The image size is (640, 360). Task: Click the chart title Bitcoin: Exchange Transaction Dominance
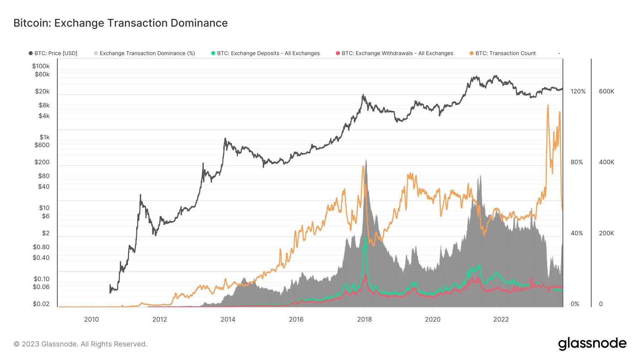[121, 23]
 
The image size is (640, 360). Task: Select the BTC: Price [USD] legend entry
[53, 53]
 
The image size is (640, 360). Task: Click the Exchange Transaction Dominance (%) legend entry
[145, 53]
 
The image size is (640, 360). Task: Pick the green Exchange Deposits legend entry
[266, 53]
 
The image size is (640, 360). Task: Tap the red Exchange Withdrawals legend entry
[395, 53]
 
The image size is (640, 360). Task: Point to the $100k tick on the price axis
[41, 66]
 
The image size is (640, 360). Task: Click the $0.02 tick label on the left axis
[41, 304]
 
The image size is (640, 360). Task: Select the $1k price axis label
[44, 137]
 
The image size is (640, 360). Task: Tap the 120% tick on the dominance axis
[578, 92]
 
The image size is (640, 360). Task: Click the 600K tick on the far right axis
[606, 92]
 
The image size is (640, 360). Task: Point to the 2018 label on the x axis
[364, 319]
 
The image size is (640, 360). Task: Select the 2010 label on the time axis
[91, 319]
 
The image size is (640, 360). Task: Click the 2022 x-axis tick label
[501, 319]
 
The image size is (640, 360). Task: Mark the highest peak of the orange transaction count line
[548, 105]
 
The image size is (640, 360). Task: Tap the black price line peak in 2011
[140, 195]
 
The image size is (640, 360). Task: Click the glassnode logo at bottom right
[592, 344]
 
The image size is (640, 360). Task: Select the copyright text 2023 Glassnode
[80, 344]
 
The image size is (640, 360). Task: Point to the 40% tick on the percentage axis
[577, 233]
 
